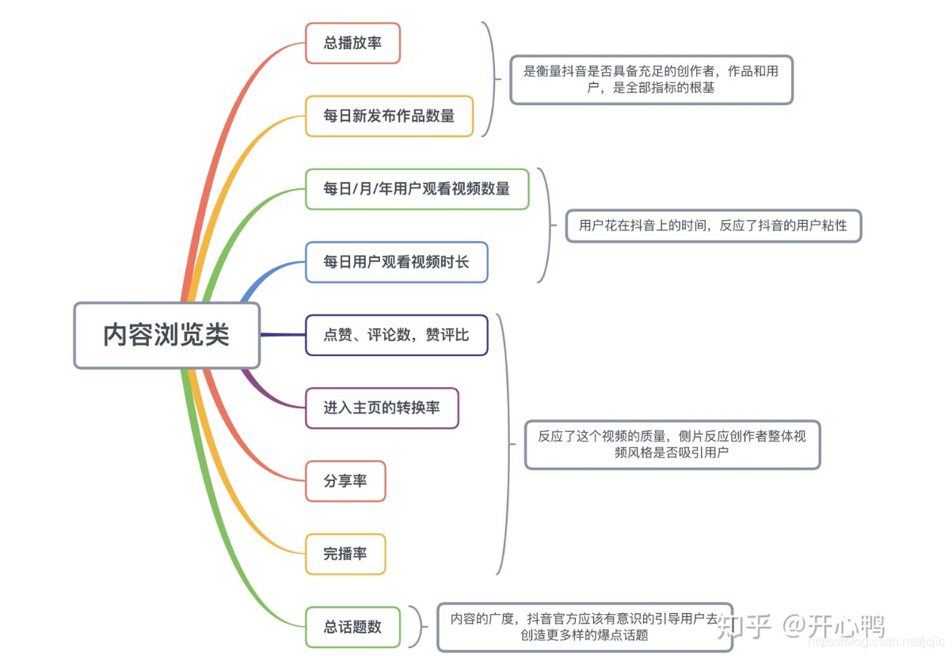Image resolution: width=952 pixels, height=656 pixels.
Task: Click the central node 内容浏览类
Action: tap(166, 335)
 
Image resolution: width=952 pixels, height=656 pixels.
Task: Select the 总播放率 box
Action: tap(352, 43)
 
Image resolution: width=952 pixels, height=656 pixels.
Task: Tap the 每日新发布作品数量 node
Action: tap(389, 116)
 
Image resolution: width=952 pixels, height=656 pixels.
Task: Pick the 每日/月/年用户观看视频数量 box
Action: tap(417, 189)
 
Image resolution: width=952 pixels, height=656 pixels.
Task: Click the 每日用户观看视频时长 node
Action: tap(396, 262)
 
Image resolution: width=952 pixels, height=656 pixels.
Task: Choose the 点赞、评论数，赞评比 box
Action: tap(396, 335)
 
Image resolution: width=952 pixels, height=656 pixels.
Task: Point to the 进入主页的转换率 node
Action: tap(382, 408)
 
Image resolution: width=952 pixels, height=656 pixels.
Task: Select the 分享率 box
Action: tap(345, 481)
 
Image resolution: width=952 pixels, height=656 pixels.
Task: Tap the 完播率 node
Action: tap(345, 554)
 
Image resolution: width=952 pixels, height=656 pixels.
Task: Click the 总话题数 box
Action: tap(352, 627)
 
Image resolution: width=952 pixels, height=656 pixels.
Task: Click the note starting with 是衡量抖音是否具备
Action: tap(651, 79)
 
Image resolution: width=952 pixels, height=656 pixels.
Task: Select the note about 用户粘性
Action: tap(713, 226)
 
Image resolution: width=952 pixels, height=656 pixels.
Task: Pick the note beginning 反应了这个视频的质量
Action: tap(672, 445)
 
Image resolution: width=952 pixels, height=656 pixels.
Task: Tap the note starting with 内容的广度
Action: tap(585, 627)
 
